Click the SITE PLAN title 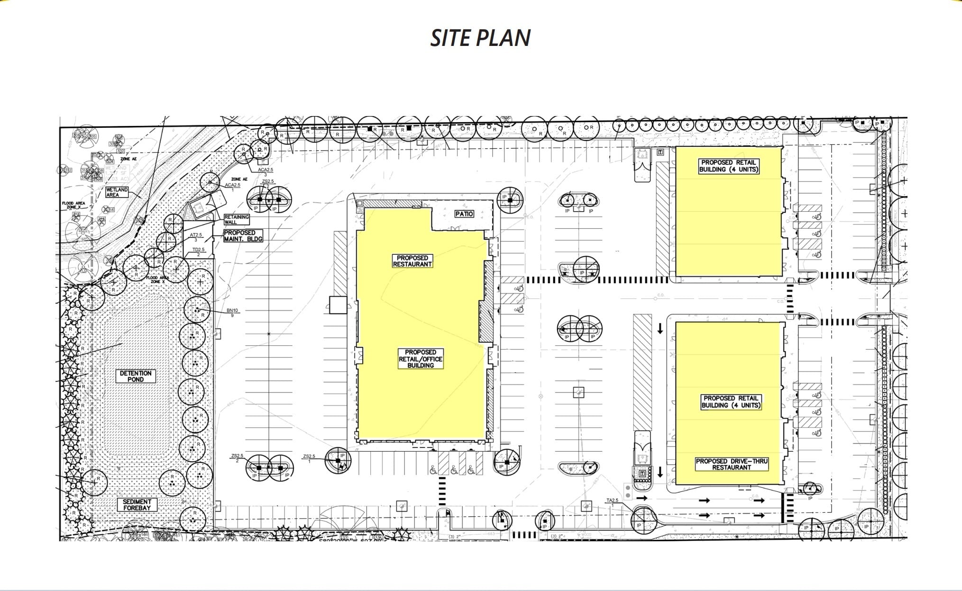[x=480, y=38]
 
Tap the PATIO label [x=464, y=214]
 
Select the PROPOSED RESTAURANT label [x=412, y=261]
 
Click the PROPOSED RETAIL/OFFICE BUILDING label [x=420, y=359]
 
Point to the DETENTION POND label [x=136, y=376]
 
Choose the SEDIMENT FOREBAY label [x=137, y=505]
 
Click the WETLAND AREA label [x=117, y=192]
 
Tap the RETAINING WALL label [x=236, y=219]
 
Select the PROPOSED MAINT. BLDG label [x=243, y=236]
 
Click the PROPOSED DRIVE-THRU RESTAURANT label [x=731, y=464]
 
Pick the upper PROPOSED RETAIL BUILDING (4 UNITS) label [x=729, y=166]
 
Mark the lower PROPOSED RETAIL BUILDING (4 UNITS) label [x=731, y=402]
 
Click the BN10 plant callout [x=232, y=313]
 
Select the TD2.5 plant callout [x=198, y=251]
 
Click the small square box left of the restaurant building [x=338, y=305]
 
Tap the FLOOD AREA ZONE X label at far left [x=73, y=205]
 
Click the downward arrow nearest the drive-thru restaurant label [x=660, y=472]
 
